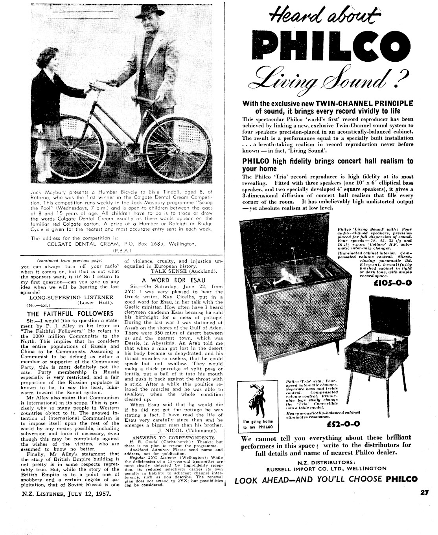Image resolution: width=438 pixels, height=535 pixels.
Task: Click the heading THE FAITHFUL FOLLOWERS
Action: pyautogui.click(x=70, y=313)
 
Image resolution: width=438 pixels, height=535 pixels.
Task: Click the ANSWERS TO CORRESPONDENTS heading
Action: pyautogui.click(x=173, y=438)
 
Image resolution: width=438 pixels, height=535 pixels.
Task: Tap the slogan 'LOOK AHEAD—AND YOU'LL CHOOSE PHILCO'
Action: pyautogui.click(x=326, y=479)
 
